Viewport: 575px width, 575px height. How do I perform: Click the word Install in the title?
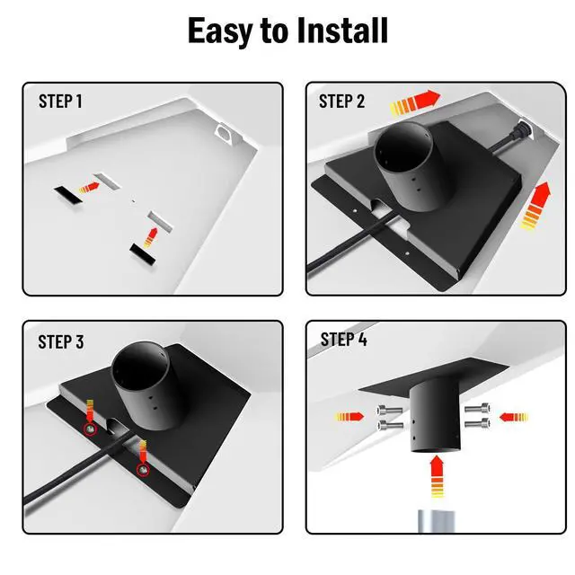[x=342, y=31]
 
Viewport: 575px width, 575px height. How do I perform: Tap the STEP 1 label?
[x=60, y=102]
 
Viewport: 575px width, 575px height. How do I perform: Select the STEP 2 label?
[x=341, y=102]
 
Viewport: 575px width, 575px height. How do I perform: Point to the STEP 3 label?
[x=61, y=341]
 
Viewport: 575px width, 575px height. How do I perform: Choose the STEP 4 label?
[x=343, y=340]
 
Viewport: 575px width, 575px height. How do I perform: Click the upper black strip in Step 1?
[x=68, y=194]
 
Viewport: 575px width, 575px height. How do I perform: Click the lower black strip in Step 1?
[x=143, y=253]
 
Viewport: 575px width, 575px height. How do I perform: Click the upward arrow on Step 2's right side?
[x=536, y=206]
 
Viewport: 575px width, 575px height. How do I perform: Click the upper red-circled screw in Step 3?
[x=90, y=429]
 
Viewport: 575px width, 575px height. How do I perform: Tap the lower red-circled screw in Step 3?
[x=143, y=469]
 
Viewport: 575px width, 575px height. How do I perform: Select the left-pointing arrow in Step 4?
[x=513, y=417]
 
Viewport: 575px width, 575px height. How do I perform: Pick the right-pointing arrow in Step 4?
[x=349, y=417]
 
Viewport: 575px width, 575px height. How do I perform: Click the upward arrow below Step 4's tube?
[x=437, y=476]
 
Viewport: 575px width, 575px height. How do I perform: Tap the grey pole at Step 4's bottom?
[x=436, y=521]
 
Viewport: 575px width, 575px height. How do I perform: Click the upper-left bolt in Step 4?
[x=389, y=410]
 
